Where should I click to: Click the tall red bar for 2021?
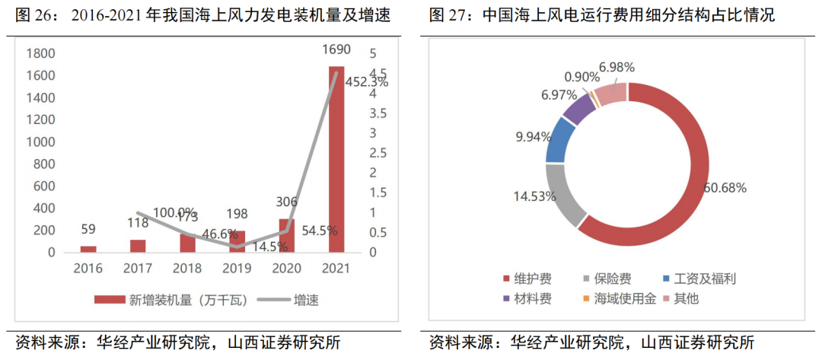coord(336,160)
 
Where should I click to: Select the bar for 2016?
coord(88,249)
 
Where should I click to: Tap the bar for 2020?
coord(287,235)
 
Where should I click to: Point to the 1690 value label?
coord(336,50)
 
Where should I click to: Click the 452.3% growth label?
coord(366,82)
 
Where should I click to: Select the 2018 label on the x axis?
coord(187,269)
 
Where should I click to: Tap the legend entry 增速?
coord(306,300)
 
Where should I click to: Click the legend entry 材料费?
coord(531,299)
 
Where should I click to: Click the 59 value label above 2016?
coord(88,228)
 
